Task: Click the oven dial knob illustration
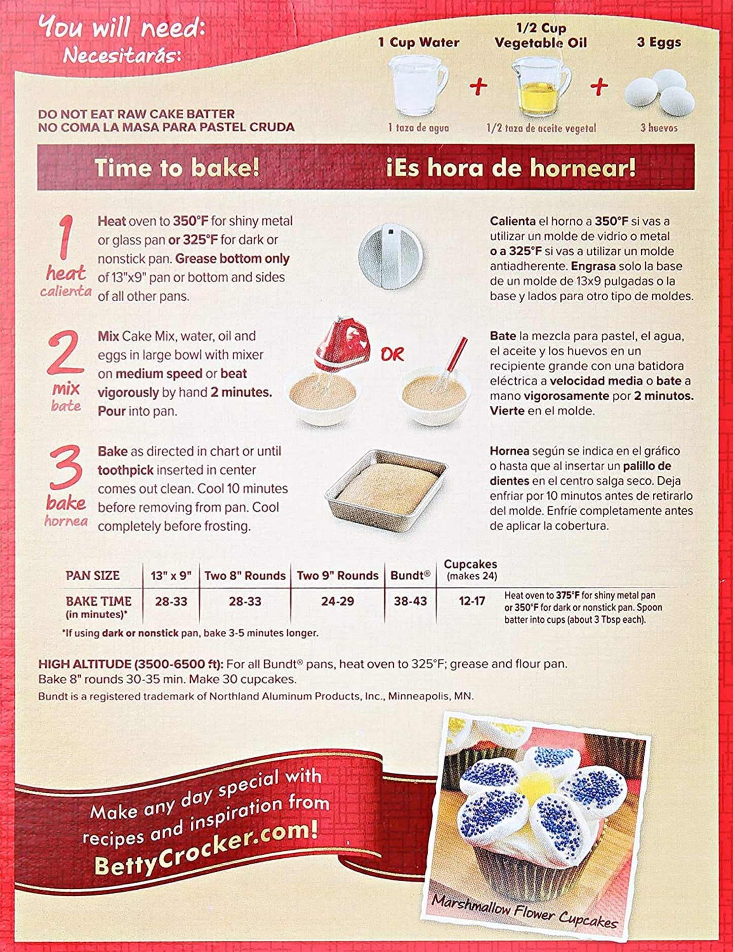390,256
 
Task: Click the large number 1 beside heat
66,237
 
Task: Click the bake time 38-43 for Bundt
410,602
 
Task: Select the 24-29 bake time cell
337,602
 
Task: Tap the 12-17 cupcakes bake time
472,602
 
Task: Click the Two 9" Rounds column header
337,576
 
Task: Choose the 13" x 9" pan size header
171,576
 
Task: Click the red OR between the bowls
392,355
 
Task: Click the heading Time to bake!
177,168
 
